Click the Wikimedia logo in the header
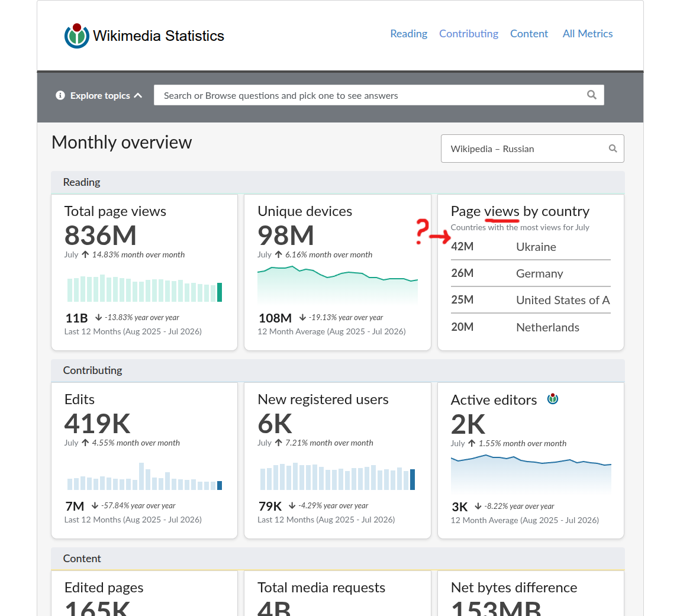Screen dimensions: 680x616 pos(77,36)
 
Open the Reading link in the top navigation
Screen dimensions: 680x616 pos(408,34)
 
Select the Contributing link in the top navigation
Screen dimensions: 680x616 pos(468,34)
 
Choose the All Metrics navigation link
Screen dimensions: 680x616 pos(588,34)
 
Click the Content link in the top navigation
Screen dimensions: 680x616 pos(529,34)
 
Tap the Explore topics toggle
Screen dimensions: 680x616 pos(99,95)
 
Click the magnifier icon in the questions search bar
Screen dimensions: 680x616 pos(592,95)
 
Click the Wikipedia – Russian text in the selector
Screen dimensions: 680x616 pos(492,149)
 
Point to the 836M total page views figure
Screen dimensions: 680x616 pos(100,236)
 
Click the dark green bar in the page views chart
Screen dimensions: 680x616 pos(220,292)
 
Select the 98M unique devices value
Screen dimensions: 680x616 pos(285,236)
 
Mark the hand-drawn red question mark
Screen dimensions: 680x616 pos(421,231)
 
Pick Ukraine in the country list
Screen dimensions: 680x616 pos(536,247)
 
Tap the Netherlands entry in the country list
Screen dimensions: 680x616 pos(548,327)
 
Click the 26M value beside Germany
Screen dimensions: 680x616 pos(462,273)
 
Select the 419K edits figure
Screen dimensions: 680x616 pos(97,424)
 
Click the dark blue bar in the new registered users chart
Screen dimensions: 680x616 pos(412,479)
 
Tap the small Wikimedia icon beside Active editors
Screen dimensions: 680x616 pos(553,399)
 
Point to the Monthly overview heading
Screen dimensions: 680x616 pos(121,143)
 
